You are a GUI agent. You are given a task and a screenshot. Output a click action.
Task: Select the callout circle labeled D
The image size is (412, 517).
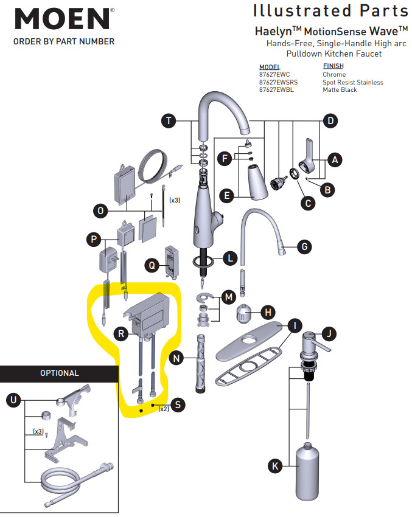point(329,121)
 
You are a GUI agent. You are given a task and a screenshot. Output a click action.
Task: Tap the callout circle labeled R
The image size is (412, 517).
point(121,333)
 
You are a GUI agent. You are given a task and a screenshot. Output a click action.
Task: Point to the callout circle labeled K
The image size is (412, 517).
point(275,467)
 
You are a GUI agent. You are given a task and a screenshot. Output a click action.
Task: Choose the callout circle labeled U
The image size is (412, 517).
point(13,400)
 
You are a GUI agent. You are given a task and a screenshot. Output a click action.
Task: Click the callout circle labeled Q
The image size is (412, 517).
point(152,265)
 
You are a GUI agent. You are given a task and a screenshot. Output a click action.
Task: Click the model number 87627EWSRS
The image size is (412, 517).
point(278,82)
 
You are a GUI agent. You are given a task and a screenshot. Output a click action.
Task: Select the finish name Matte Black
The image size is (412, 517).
point(340,90)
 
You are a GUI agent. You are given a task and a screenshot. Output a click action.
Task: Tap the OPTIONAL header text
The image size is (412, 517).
point(59,373)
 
